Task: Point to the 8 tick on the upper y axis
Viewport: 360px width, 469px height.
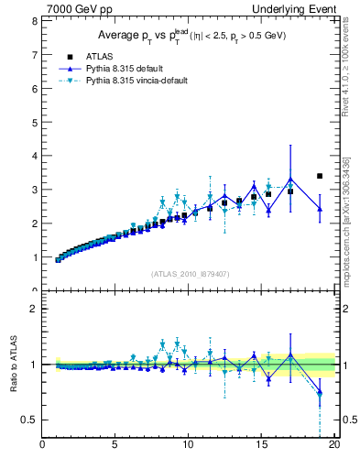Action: pyautogui.click(x=35, y=21)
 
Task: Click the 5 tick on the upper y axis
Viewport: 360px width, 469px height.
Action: pyautogui.click(x=35, y=122)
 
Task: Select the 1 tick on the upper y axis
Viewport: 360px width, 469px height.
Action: pyautogui.click(x=35, y=257)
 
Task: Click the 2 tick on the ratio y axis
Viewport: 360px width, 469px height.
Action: pyautogui.click(x=35, y=309)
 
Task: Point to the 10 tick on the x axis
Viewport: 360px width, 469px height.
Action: pyautogui.click(x=188, y=446)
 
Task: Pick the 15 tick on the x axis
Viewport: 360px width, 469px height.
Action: pyautogui.click(x=261, y=446)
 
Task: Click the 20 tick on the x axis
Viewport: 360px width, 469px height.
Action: pyautogui.click(x=333, y=446)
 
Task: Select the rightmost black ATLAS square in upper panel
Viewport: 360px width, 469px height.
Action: pyautogui.click(x=319, y=176)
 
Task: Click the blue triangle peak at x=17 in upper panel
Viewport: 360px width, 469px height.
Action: pyautogui.click(x=290, y=180)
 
